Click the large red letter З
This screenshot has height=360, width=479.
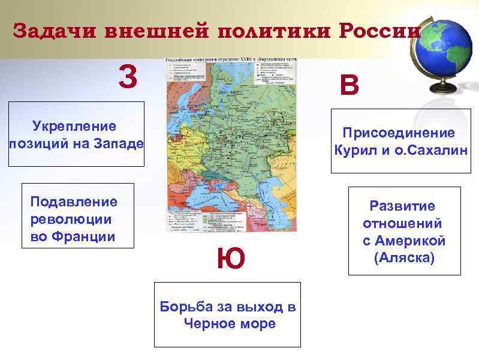tap(127, 76)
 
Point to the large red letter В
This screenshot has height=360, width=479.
tap(348, 85)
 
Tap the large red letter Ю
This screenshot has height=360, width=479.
tap(230, 259)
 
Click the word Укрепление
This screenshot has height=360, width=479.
tap(75, 127)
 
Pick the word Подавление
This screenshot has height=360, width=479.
tap(74, 201)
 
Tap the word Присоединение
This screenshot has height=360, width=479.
tap(399, 133)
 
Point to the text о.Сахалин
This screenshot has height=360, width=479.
tap(429, 150)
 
